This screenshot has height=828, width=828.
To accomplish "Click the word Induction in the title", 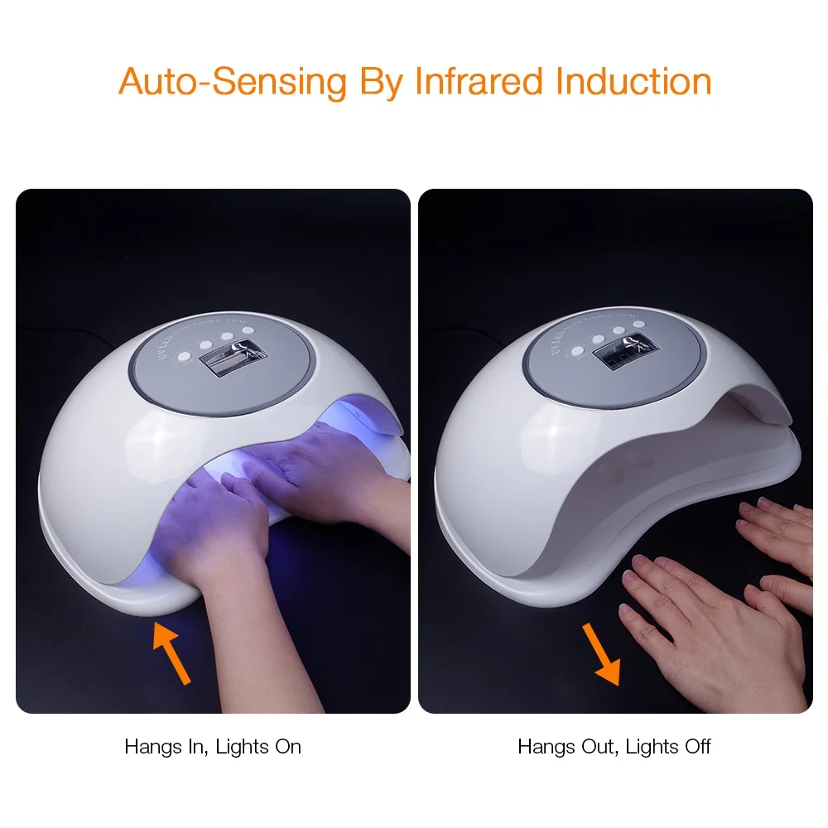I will pos(633,82).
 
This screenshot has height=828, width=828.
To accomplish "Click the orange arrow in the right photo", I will pos(601,654).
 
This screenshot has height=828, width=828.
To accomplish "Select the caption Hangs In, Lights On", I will pos(213,747).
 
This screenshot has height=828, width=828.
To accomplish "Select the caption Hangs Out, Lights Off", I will pos(614,747).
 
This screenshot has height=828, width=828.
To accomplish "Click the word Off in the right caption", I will pos(696,747).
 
